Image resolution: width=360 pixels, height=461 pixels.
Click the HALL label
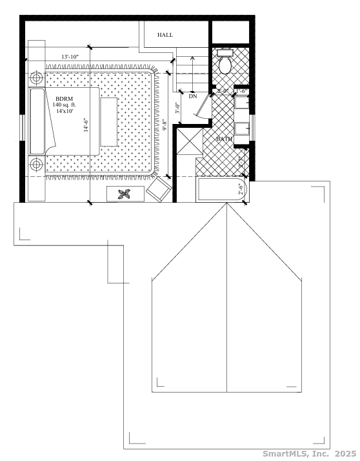coord(166,35)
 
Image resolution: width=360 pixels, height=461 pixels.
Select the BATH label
coord(225,139)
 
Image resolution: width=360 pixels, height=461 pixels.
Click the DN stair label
coord(193,96)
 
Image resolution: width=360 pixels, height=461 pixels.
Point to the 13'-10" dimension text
coord(70,57)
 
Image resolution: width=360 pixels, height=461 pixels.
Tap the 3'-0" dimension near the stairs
coord(177,105)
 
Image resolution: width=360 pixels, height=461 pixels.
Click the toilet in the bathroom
coord(225,63)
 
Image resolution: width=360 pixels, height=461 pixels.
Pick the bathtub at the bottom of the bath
coord(219,190)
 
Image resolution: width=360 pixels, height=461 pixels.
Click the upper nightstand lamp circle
coord(37,78)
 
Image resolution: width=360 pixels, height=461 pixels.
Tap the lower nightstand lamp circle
coord(37,164)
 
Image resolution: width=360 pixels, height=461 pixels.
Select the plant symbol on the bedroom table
coord(125,193)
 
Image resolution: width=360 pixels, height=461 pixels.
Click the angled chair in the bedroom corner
coord(159,189)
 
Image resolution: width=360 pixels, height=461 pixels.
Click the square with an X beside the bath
coord(189,142)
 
